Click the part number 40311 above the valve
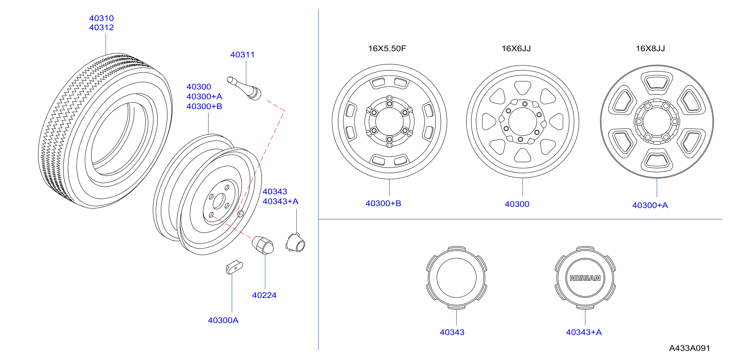pyautogui.click(x=242, y=55)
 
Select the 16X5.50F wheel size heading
pyautogui.click(x=387, y=48)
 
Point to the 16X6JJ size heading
pyautogui.click(x=516, y=48)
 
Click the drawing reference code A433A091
pyautogui.click(x=689, y=348)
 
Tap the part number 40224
pyautogui.click(x=264, y=295)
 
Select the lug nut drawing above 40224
pyautogui.click(x=263, y=245)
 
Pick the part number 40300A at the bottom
pyautogui.click(x=223, y=320)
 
